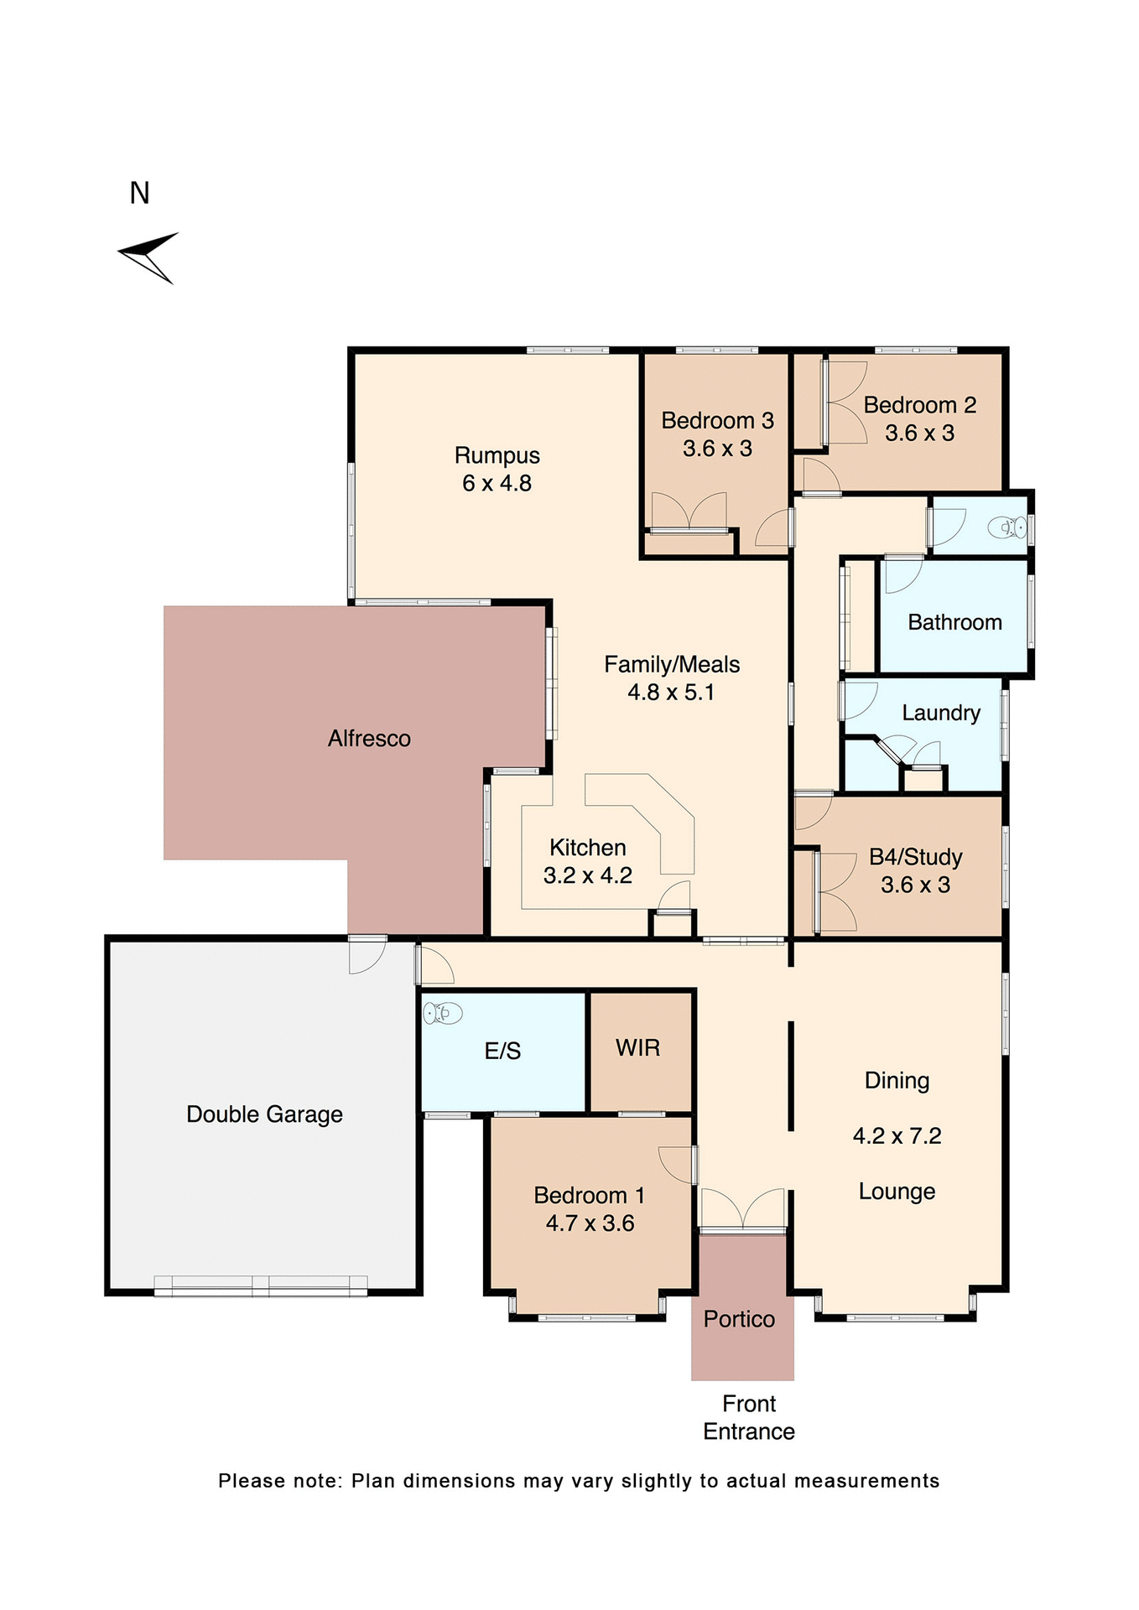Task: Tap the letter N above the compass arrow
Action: [139, 194]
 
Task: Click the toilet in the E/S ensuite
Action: [442, 1013]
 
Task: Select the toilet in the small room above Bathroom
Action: [1007, 527]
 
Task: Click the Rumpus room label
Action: [497, 455]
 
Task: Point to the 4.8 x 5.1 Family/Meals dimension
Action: [671, 693]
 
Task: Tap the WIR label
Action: [637, 1047]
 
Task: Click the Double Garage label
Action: [264, 1114]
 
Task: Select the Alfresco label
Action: [369, 739]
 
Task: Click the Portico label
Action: [739, 1319]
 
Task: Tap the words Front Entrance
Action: [748, 1417]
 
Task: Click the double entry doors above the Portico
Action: [742, 1210]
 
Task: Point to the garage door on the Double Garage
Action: [261, 1285]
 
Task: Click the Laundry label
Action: [940, 713]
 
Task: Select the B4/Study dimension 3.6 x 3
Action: [915, 885]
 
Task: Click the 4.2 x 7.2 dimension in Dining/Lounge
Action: [897, 1136]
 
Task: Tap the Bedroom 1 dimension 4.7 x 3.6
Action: [590, 1223]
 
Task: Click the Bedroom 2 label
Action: [919, 405]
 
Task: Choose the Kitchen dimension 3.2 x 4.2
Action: [587, 875]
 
